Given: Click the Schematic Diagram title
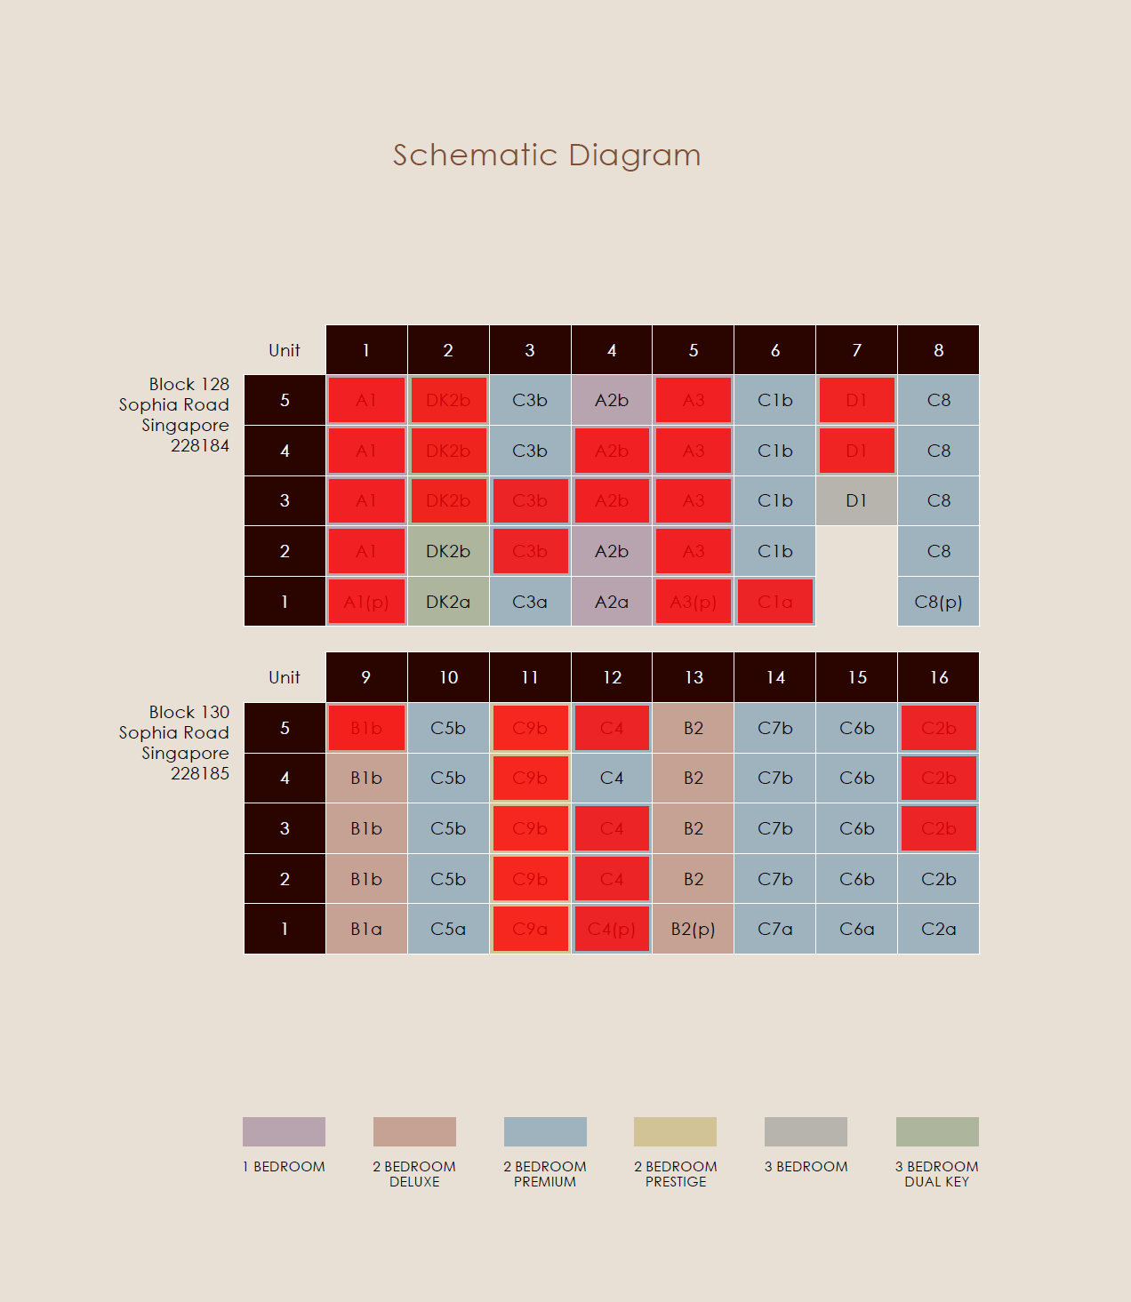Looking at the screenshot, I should point(547,156).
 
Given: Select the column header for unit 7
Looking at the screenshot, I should point(856,350).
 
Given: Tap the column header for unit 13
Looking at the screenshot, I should point(694,677).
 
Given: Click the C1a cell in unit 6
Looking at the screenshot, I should point(775,602).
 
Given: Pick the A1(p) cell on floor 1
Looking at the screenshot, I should point(366,602).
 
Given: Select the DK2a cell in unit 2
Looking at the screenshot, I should point(448,602).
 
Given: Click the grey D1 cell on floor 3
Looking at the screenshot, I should point(856,501).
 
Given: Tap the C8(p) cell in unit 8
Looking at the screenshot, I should point(938,602).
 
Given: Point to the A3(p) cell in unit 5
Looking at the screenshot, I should point(694,602).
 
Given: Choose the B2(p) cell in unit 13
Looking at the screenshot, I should point(694,929).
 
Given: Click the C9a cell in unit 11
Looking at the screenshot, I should point(530,929).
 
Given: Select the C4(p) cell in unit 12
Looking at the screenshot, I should point(612,929).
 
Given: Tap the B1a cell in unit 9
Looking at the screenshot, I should point(366,929).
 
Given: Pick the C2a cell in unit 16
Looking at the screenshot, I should point(938,929).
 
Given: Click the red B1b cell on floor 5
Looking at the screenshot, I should point(366,728).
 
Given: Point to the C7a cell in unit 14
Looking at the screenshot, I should point(775,929).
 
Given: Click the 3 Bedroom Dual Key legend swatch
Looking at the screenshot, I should point(937,1131).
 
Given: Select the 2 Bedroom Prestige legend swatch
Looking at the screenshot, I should point(675,1131).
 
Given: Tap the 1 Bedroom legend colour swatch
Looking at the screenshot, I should point(284,1131).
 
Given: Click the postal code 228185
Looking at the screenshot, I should point(200,774).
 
